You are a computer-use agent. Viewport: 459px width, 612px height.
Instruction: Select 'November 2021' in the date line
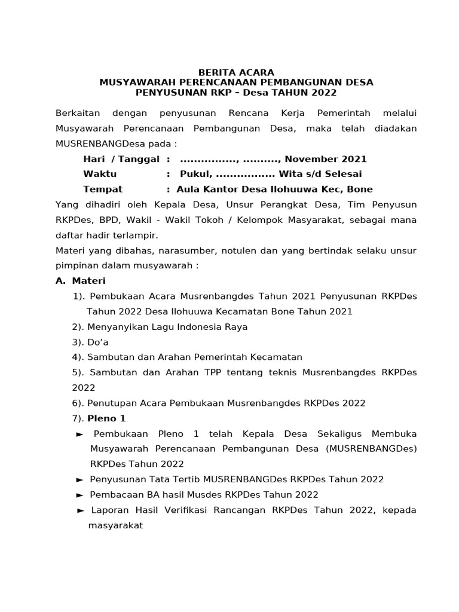[x=326, y=159]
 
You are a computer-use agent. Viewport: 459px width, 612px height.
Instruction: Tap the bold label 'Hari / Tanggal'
[x=121, y=159]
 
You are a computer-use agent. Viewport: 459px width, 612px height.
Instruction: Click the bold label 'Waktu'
[x=100, y=174]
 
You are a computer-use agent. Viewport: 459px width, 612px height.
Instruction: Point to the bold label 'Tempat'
[x=103, y=189]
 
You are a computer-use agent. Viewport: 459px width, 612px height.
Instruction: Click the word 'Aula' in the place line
[x=189, y=189]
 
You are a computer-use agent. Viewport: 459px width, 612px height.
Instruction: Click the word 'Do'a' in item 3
[x=98, y=342]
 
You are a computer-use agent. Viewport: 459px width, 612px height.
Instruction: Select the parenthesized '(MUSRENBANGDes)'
[x=372, y=448]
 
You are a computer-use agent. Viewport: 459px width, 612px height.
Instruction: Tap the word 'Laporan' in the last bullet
[x=109, y=510]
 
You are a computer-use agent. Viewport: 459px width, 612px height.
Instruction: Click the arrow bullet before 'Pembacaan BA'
[x=80, y=495]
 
